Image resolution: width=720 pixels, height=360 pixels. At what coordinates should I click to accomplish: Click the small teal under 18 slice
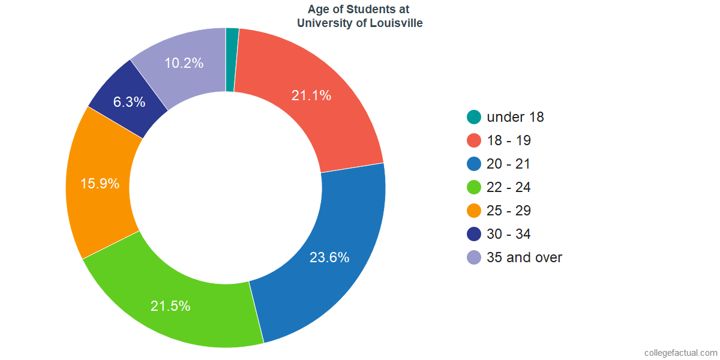click(x=232, y=59)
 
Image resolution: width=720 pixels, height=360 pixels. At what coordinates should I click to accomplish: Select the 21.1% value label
click(x=311, y=95)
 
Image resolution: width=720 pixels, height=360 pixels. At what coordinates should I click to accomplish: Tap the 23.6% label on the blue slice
click(x=329, y=257)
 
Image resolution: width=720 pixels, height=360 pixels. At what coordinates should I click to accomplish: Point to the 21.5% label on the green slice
click(x=170, y=306)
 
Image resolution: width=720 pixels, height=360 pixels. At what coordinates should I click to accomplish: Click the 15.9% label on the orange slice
click(x=100, y=184)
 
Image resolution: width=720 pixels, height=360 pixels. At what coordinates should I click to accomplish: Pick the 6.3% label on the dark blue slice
click(x=130, y=102)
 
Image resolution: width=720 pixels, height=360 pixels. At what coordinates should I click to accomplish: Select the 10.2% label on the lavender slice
click(x=184, y=62)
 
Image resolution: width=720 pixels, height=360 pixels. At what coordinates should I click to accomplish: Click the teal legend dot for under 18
click(x=474, y=117)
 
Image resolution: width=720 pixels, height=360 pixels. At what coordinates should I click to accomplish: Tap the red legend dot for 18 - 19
click(x=474, y=140)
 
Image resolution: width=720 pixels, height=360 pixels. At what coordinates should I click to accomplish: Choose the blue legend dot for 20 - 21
click(x=474, y=164)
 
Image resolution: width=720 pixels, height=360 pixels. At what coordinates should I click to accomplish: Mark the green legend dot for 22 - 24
click(x=474, y=187)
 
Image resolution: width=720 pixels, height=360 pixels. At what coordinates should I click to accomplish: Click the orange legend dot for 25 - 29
click(x=474, y=211)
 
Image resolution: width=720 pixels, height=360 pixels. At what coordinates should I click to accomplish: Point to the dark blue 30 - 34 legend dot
click(x=474, y=234)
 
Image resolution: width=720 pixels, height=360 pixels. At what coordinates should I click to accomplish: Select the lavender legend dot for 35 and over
click(x=474, y=257)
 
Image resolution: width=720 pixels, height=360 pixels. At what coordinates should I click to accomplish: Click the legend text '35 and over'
click(x=524, y=257)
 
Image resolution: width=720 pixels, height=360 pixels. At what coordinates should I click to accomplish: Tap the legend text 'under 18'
click(x=515, y=117)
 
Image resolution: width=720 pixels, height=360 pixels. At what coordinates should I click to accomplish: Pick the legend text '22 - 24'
click(x=509, y=187)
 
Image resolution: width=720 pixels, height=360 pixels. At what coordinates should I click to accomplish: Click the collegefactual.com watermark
click(x=680, y=352)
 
